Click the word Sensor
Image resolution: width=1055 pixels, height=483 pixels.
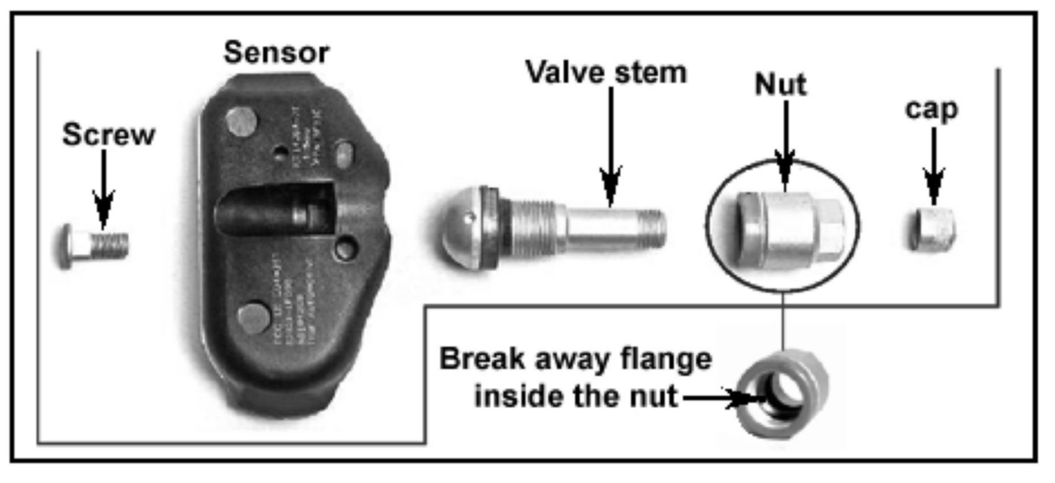(276, 52)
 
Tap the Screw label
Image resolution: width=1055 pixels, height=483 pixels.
(108, 135)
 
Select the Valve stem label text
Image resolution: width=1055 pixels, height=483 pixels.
(606, 73)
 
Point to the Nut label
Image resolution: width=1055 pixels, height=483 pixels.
(781, 85)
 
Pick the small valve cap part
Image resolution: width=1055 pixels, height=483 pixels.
(931, 229)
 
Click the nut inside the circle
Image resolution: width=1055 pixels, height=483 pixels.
(789, 228)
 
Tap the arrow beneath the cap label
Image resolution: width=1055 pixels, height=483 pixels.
(933, 168)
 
